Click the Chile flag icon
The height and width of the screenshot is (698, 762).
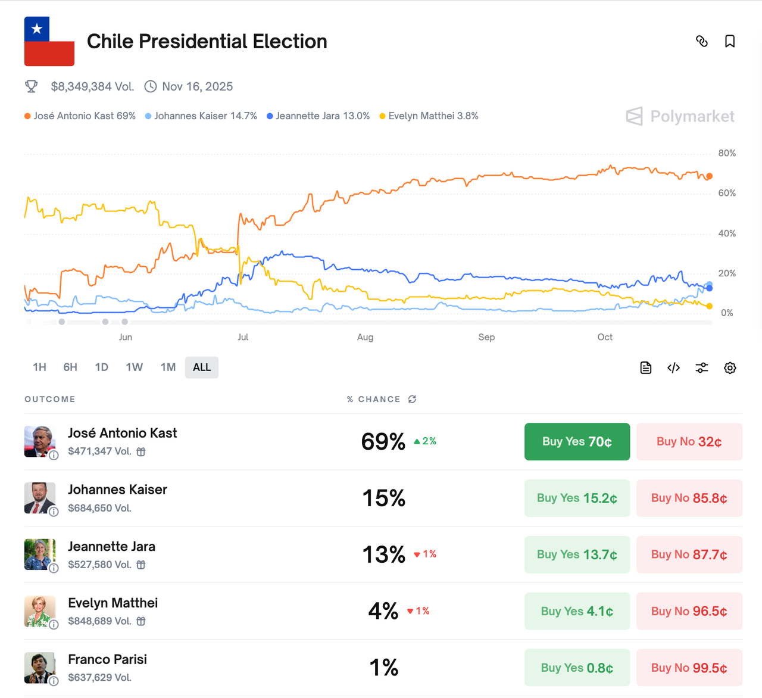pos(49,41)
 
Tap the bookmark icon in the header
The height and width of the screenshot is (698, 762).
pos(730,41)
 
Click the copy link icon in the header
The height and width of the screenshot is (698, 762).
pos(702,41)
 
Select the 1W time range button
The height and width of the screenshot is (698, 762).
pos(134,367)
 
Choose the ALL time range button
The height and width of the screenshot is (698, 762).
pos(202,367)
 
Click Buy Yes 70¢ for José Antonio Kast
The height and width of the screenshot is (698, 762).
pos(577,442)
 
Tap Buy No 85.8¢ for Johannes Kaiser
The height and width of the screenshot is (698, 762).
pos(689,498)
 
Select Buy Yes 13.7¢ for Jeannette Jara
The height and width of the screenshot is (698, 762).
pos(577,555)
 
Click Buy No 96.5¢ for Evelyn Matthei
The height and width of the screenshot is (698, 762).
pos(689,612)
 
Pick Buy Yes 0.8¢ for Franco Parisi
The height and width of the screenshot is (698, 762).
pos(577,668)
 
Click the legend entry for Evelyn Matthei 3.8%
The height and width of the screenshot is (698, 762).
pos(429,116)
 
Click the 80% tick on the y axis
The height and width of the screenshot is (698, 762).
pos(727,154)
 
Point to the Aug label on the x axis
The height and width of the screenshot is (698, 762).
pos(366,337)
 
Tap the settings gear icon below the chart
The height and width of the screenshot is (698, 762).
pos(730,368)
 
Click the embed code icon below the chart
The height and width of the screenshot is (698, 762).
pos(674,368)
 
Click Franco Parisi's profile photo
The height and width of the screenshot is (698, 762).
pos(40,668)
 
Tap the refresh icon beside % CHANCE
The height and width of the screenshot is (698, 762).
pos(412,399)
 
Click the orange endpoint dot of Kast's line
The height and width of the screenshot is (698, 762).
pos(709,176)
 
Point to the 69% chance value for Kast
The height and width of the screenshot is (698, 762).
pos(383,442)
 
